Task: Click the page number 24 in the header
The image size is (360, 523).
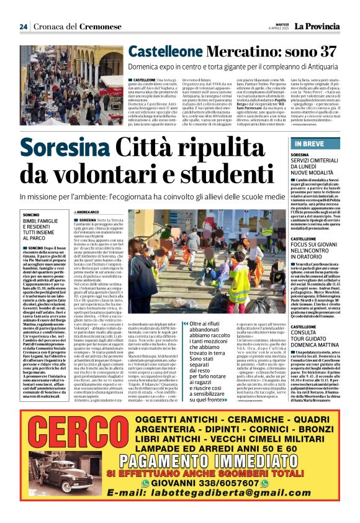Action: [x=23, y=27]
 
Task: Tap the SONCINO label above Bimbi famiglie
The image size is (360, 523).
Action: [x=31, y=214]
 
